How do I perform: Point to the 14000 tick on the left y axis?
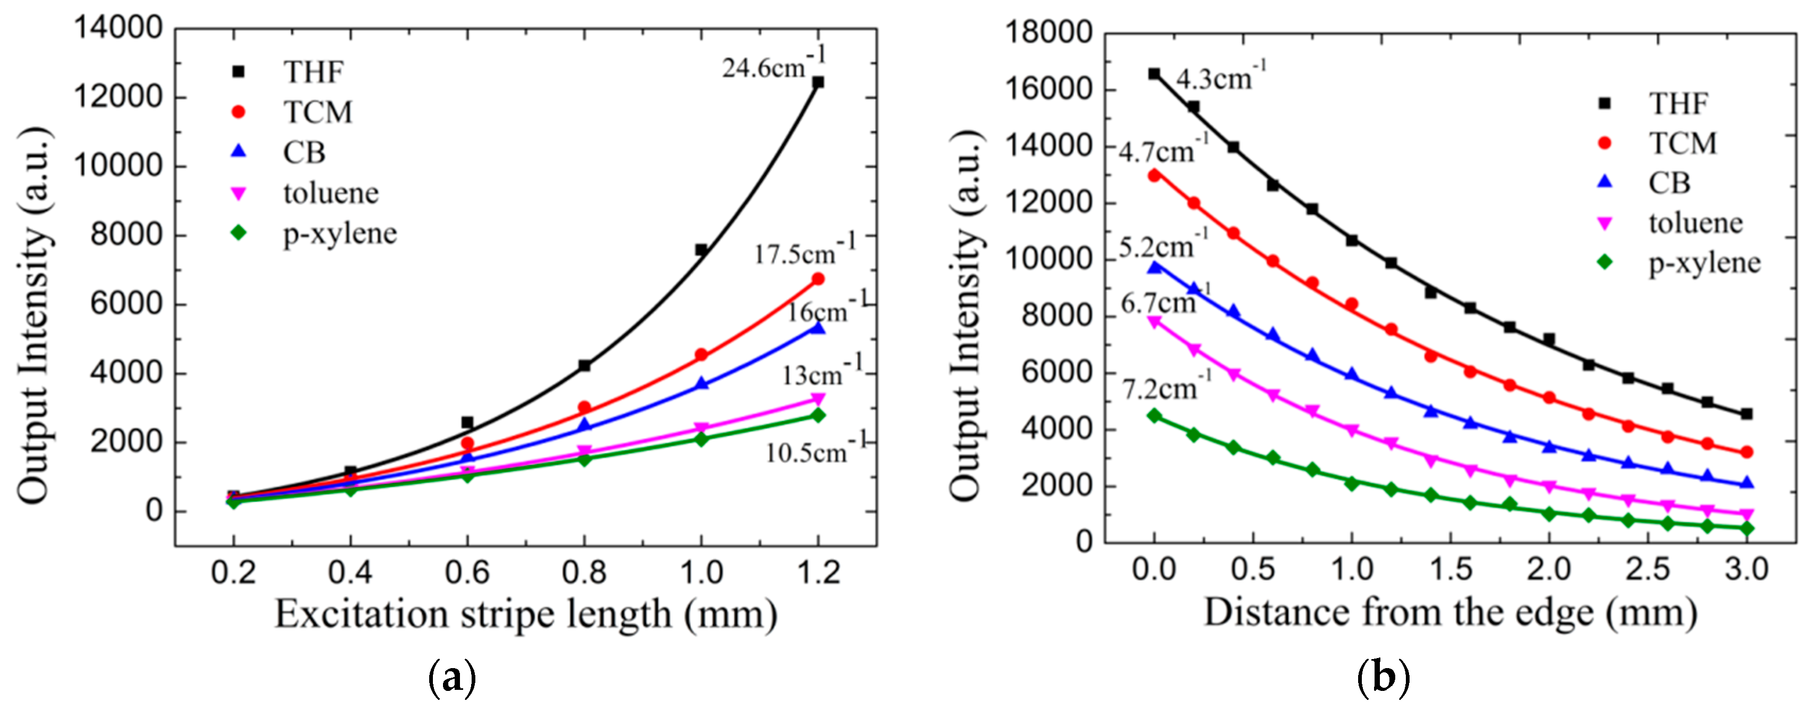tap(118, 28)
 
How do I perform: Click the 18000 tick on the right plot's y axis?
tap(1049, 33)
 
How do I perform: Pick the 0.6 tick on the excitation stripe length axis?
tap(467, 573)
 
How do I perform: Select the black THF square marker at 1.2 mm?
tap(818, 82)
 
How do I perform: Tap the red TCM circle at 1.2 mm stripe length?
tap(818, 279)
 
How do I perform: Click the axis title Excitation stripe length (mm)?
tap(526, 615)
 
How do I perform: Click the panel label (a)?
tap(451, 678)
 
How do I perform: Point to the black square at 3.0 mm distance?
tap(1747, 414)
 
